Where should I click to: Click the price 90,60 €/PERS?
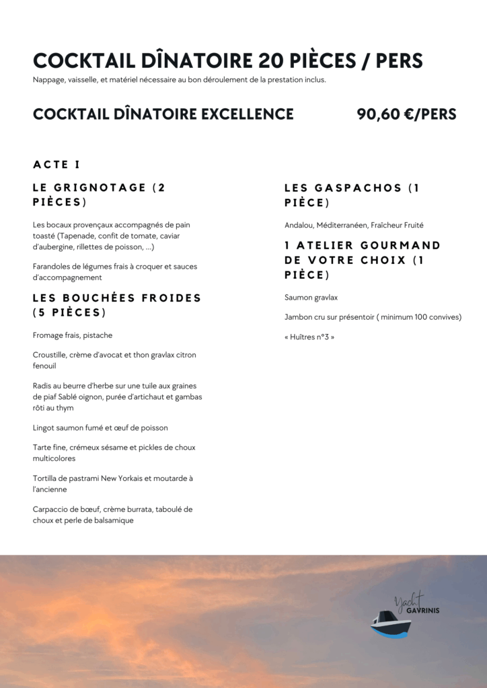406,114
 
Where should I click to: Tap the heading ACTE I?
57,165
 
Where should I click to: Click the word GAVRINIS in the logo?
423,611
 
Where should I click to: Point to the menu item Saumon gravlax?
311,297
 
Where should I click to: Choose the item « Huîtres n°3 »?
309,337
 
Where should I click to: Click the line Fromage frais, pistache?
73,335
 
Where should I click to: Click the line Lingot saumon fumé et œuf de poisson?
100,427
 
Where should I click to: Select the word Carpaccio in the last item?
52,509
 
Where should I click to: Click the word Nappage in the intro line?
48,80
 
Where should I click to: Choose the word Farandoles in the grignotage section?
54,267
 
